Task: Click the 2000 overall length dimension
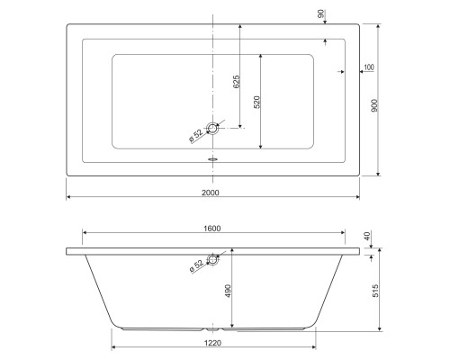211,193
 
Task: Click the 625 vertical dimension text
237,83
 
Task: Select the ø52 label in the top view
195,136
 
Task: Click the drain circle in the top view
213,129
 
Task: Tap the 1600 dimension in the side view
211,229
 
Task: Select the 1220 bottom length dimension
214,342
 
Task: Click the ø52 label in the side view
195,267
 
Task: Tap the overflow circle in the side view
213,260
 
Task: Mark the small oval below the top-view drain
213,160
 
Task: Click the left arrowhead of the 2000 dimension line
69,197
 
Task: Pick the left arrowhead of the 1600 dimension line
85,234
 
